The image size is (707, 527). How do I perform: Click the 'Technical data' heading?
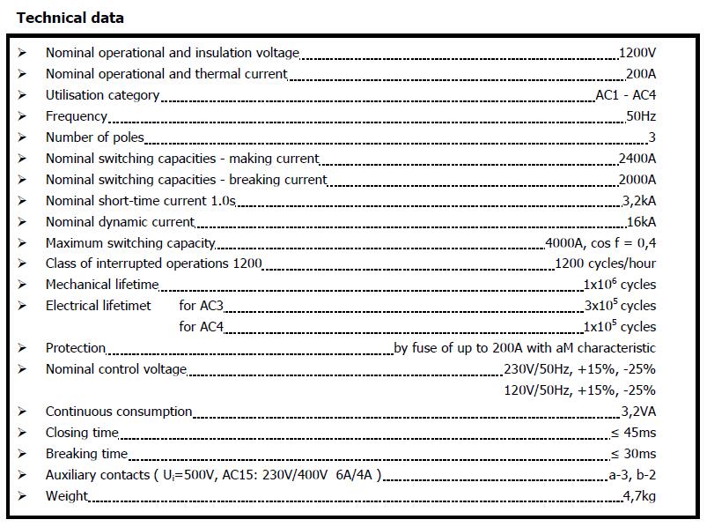click(70, 18)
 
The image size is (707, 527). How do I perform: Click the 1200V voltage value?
click(637, 53)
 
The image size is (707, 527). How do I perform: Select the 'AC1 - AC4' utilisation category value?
click(625, 95)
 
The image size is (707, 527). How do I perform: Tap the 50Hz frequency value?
click(640, 116)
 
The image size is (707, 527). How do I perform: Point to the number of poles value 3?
click(652, 137)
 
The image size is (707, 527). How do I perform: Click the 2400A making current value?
click(637, 159)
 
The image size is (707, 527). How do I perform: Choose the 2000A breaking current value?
click(637, 180)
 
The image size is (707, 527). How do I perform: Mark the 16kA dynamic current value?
click(640, 222)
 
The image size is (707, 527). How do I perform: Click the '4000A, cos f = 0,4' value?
click(600, 243)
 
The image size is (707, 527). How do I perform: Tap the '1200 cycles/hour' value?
click(605, 263)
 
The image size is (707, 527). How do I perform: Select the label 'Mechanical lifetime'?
click(102, 285)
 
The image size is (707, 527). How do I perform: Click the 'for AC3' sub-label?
click(201, 306)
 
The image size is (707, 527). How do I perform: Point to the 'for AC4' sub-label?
click(201, 327)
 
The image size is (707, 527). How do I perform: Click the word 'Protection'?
click(76, 348)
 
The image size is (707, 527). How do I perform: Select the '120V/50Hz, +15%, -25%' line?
click(579, 390)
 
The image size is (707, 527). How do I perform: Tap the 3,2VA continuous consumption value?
click(637, 412)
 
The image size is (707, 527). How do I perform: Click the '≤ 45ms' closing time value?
click(633, 433)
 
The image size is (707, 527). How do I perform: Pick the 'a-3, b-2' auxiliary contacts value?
click(632, 475)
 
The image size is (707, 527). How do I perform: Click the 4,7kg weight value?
click(639, 496)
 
